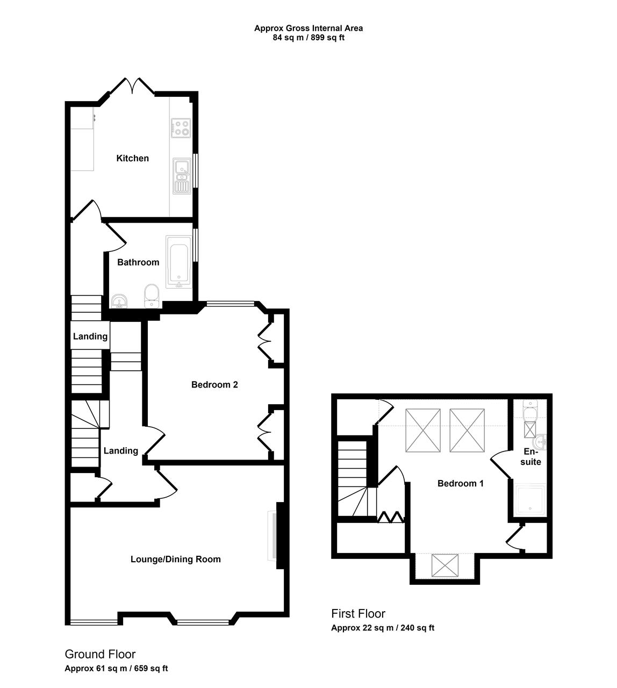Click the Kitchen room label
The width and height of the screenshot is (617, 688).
(132, 158)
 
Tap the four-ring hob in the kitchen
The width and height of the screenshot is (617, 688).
(181, 128)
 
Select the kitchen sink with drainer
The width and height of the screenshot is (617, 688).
(182, 176)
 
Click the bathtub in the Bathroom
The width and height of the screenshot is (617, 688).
(178, 262)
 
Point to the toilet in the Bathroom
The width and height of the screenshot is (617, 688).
(152, 296)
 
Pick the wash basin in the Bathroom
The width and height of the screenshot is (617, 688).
(119, 301)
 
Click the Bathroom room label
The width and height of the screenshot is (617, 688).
(138, 262)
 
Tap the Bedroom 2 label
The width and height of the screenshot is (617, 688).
(214, 385)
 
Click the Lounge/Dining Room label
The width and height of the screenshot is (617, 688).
(176, 560)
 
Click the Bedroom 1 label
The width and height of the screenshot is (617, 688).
(461, 484)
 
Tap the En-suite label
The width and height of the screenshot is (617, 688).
(531, 457)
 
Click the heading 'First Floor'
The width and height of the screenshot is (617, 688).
(358, 614)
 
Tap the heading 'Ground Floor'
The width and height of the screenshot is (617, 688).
(100, 654)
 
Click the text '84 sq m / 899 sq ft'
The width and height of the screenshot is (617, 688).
(308, 38)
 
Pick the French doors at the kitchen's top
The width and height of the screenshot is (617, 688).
(132, 85)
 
